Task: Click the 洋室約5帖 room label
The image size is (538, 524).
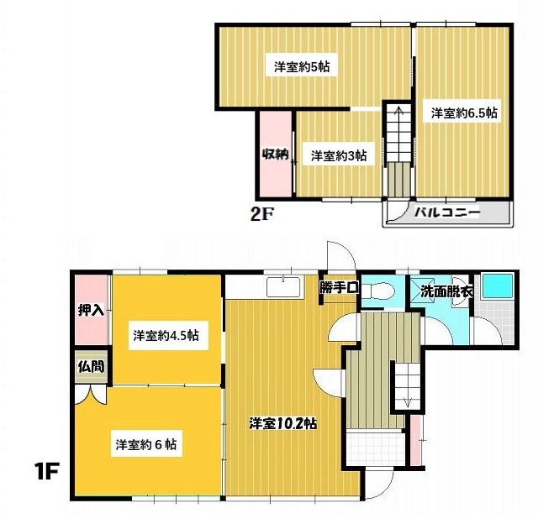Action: [x=302, y=66]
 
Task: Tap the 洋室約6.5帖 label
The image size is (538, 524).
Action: [x=464, y=113]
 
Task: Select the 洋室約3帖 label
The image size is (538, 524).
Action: [x=339, y=155]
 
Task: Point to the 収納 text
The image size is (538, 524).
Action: [x=275, y=155]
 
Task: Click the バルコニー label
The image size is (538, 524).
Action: [x=446, y=212]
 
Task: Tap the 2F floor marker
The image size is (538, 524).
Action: [x=261, y=215]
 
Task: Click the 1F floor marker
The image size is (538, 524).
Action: [x=46, y=471]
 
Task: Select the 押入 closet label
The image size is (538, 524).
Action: [x=91, y=311]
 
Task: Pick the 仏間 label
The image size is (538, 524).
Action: [x=91, y=367]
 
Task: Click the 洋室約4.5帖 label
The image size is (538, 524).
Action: [x=166, y=335]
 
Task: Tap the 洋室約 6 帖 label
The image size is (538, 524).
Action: [x=146, y=444]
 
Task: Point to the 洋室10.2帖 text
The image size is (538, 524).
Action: [x=282, y=424]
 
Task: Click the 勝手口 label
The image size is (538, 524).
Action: [x=339, y=287]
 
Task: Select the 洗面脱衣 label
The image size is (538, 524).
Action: [x=446, y=291]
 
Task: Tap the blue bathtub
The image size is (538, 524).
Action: [x=498, y=286]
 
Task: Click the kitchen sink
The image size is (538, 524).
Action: [x=283, y=287]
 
